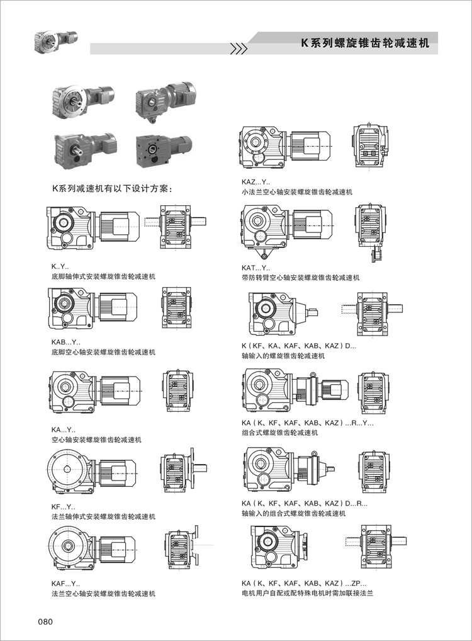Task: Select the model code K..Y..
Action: point(60,267)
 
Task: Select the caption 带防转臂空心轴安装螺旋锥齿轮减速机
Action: point(301,277)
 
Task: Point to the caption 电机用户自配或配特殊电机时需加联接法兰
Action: point(308,593)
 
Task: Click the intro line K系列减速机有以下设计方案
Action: point(112,188)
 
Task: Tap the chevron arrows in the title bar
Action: point(238,48)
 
